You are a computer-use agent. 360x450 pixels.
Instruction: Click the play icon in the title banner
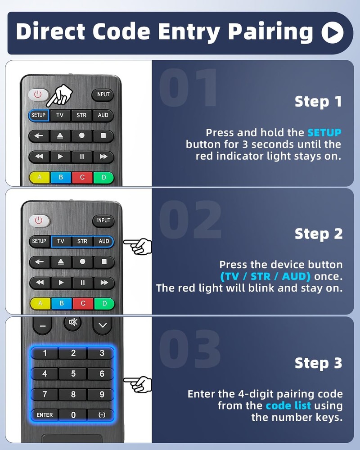tap(333, 32)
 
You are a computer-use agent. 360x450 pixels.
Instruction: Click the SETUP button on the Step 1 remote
tap(39, 115)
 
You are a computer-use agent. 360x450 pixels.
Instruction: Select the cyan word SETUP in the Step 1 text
tap(324, 133)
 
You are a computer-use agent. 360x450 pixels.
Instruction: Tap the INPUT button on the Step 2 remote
tap(103, 220)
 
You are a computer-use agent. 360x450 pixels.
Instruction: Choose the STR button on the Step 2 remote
tap(82, 241)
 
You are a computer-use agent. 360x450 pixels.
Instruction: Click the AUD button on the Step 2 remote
tap(103, 241)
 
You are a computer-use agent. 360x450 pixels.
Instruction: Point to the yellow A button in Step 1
tap(40, 177)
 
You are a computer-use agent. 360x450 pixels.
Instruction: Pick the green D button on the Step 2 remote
tap(104, 303)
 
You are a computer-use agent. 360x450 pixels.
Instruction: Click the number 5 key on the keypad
tap(73, 374)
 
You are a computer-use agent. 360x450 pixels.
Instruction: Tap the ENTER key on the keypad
tap(45, 415)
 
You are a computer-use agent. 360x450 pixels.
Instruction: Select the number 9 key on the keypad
tap(102, 395)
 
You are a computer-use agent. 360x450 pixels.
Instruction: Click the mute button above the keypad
tap(73, 323)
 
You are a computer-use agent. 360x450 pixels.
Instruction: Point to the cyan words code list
tap(288, 405)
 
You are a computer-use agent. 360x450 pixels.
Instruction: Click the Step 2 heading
tap(319, 234)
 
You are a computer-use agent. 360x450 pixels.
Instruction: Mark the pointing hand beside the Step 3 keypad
tap(138, 384)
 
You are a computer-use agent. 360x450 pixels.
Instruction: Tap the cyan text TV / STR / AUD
tap(265, 276)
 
